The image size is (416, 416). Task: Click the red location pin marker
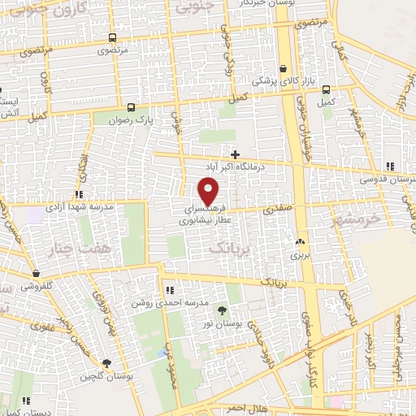[209, 191]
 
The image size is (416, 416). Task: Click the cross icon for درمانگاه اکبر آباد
[235, 154]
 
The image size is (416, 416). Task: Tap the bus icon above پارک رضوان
[131, 106]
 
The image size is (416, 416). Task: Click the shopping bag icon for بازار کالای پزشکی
[282, 69]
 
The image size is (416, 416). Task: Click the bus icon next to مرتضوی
[110, 38]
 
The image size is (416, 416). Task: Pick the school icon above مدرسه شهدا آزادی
[79, 194]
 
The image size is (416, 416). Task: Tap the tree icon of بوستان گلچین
[106, 364]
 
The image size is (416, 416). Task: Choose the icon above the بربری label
[301, 241]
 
